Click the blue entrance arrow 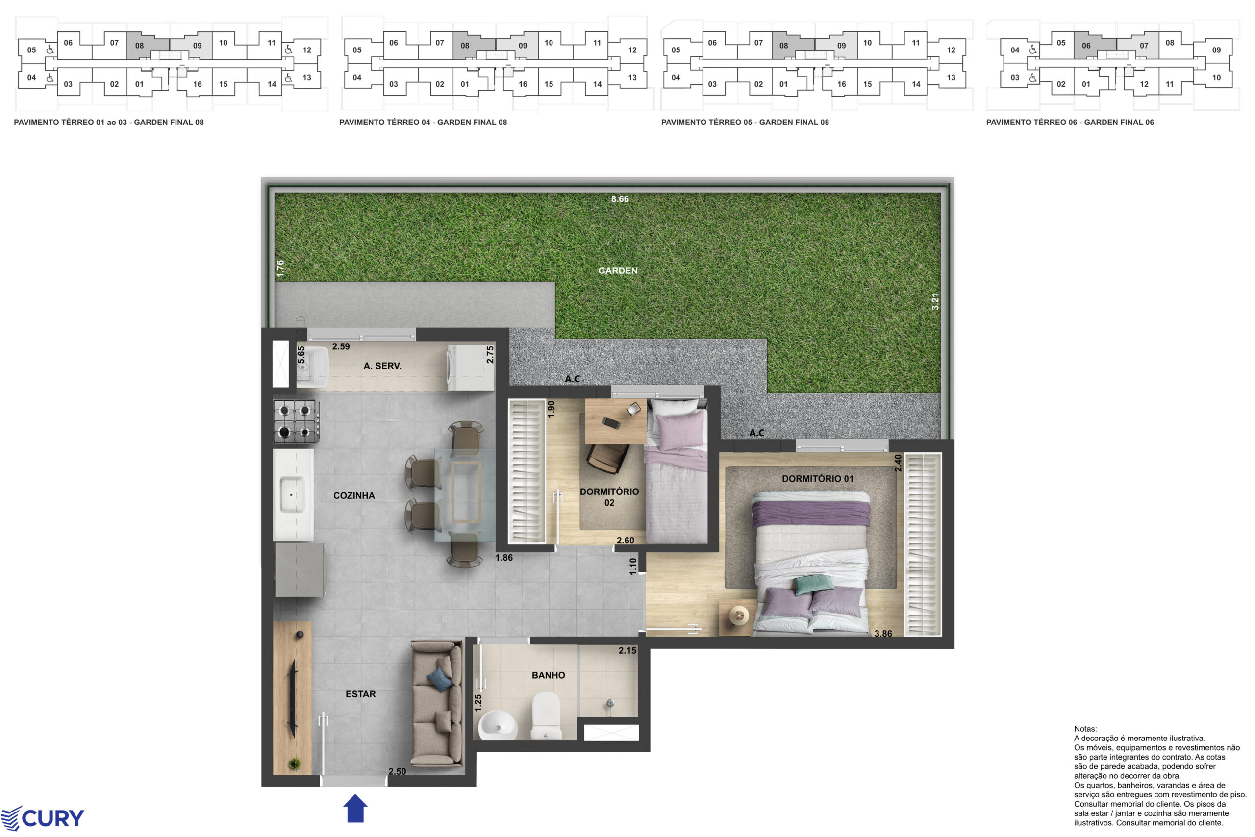(355, 808)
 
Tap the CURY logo (42, 818)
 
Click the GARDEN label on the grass (617, 271)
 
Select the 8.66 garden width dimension (620, 199)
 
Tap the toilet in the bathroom (546, 716)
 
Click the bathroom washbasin (497, 725)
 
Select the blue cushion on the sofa (440, 680)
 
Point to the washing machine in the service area (471, 368)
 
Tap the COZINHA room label (354, 495)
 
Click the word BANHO (548, 675)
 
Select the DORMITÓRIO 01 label (818, 479)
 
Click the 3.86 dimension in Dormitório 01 (883, 634)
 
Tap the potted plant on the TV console (293, 764)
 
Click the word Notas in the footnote (1085, 729)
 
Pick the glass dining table (465, 495)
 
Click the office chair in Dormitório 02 (607, 459)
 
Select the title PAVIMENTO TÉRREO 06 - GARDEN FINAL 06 (1070, 122)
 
